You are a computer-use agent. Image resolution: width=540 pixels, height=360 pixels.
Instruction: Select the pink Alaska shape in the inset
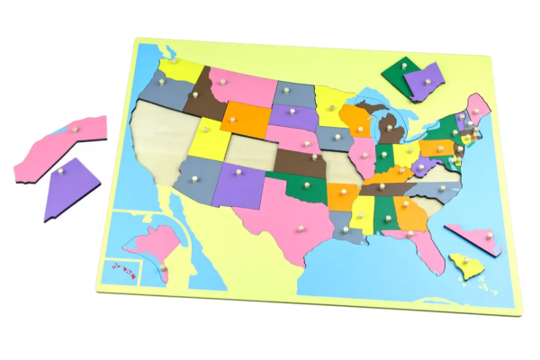[149, 243]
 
